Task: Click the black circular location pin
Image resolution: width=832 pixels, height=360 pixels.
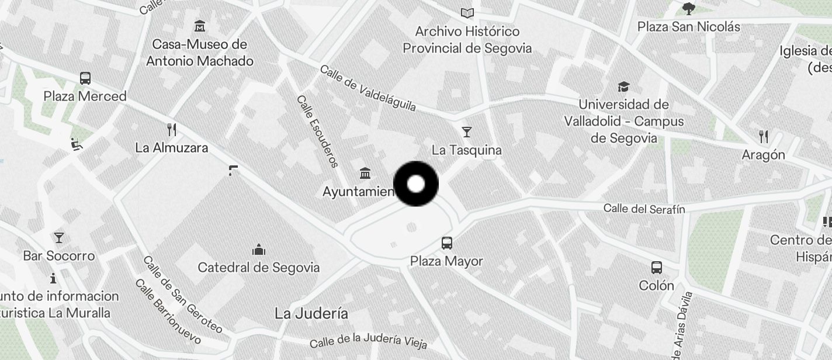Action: [416, 184]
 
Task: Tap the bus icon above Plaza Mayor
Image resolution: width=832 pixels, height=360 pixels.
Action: [447, 243]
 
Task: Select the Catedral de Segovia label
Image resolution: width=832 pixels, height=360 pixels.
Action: [259, 268]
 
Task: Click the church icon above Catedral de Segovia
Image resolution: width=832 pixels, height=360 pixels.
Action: [259, 250]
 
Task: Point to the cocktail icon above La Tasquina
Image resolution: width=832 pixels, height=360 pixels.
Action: [466, 131]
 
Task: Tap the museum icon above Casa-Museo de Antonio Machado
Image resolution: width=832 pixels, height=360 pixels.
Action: [200, 26]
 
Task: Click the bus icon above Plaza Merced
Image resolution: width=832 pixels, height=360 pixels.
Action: [85, 78]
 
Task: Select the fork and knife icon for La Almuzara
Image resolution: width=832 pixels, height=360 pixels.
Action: [171, 129]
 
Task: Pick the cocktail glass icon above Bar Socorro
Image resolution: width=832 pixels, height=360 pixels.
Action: [58, 237]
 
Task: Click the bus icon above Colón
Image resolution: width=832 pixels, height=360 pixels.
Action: [657, 268]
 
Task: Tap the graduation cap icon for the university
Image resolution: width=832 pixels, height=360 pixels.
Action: [623, 87]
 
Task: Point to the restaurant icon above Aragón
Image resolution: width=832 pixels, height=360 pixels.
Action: [763, 137]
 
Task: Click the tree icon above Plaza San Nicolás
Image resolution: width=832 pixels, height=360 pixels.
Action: [689, 8]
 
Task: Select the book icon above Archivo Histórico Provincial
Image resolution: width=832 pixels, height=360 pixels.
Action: [467, 13]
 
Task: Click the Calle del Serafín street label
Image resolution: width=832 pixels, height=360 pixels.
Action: [644, 209]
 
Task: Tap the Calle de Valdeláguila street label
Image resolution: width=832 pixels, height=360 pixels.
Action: [368, 88]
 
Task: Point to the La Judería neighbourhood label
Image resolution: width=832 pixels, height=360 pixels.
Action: [311, 314]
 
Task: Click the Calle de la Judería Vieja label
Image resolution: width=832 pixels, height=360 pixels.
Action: [368, 341]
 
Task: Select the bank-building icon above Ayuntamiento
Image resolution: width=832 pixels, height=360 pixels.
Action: [366, 173]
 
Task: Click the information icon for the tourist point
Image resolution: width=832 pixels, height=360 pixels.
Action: [53, 278]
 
